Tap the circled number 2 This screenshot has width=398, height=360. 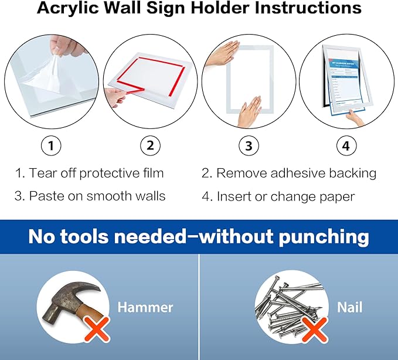coord(150,146)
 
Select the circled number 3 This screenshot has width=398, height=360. coord(248,146)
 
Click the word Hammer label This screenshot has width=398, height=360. coord(145,307)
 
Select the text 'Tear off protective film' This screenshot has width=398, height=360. coord(97,174)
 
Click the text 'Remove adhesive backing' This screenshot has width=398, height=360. coord(297,174)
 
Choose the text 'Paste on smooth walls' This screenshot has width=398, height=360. coord(97,196)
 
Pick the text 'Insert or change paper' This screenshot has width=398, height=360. coord(286,196)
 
